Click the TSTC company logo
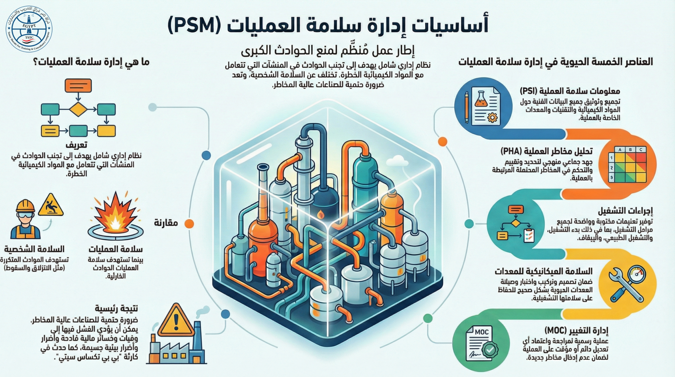[29, 29]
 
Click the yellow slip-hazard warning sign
[51, 205]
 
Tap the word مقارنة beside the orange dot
[166, 223]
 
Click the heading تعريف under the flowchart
[76, 145]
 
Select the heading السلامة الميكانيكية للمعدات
[544, 271]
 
